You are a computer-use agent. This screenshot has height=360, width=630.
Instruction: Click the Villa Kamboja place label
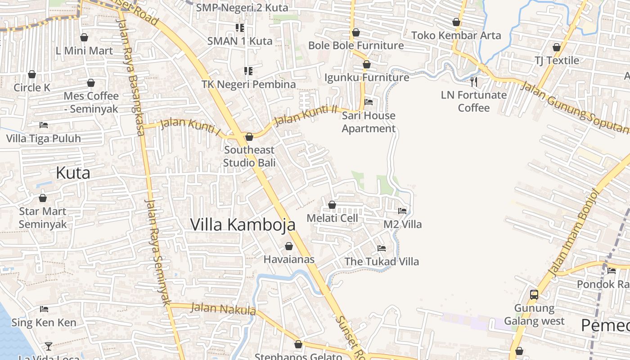click(243, 225)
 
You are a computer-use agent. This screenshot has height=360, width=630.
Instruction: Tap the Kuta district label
click(73, 173)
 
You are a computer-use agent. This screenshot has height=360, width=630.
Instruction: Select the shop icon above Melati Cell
click(332, 205)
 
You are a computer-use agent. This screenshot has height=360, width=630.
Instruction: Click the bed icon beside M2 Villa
click(402, 211)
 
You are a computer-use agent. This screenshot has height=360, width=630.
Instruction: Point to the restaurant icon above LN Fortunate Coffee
click(473, 81)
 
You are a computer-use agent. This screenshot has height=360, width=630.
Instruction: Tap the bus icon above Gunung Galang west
click(534, 295)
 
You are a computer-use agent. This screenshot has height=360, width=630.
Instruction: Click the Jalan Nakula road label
click(223, 309)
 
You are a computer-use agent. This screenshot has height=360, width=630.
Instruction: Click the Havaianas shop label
click(289, 260)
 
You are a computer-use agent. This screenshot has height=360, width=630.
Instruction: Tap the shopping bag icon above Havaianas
click(289, 247)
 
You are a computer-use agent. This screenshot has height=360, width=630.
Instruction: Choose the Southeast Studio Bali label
click(249, 156)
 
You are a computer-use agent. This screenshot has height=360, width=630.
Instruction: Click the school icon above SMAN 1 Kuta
click(240, 28)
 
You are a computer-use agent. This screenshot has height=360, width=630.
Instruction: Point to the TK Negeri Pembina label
click(249, 84)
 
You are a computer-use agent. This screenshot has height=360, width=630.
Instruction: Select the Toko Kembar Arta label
click(456, 35)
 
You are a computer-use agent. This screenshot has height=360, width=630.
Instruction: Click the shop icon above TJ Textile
click(557, 47)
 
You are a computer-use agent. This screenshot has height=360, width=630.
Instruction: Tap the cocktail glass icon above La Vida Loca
click(48, 346)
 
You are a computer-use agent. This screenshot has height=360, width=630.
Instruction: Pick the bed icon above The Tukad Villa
click(382, 248)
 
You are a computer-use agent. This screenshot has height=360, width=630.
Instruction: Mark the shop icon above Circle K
click(32, 74)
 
